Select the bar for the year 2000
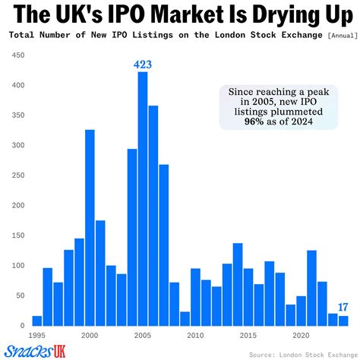90,228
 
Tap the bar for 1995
36,321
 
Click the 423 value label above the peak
142,64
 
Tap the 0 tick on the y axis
23,326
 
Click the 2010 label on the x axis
195,335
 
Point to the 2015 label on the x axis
248,335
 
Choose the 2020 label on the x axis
301,335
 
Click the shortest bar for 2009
185,318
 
